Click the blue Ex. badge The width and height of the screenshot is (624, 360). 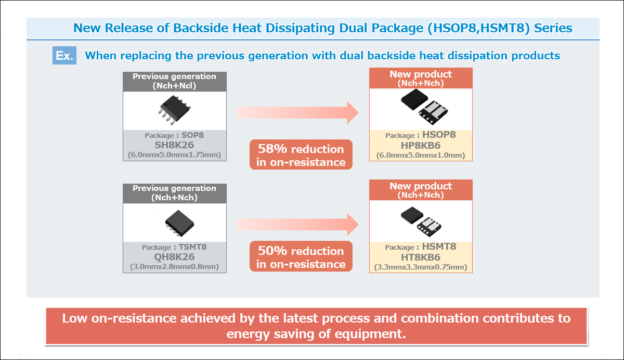click(x=64, y=56)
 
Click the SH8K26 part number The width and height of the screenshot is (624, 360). click(x=175, y=145)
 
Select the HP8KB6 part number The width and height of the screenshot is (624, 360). click(x=421, y=145)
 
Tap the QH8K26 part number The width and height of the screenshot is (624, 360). click(x=175, y=257)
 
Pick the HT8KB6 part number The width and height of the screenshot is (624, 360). click(x=421, y=257)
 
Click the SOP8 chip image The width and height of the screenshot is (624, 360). click(x=174, y=110)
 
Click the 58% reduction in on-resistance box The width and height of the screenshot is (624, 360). click(x=301, y=155)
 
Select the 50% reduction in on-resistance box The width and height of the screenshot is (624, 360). click(x=301, y=258)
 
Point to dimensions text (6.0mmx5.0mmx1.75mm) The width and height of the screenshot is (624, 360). click(x=175, y=155)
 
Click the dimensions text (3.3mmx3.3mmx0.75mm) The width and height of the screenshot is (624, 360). click(x=421, y=267)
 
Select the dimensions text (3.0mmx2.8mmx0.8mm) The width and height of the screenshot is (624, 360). click(x=175, y=267)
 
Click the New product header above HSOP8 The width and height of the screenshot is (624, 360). click(x=421, y=78)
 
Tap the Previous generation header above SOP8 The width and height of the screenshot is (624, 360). click(x=174, y=81)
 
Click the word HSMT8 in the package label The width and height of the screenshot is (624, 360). click(x=439, y=247)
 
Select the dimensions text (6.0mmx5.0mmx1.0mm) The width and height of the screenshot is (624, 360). click(x=421, y=156)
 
